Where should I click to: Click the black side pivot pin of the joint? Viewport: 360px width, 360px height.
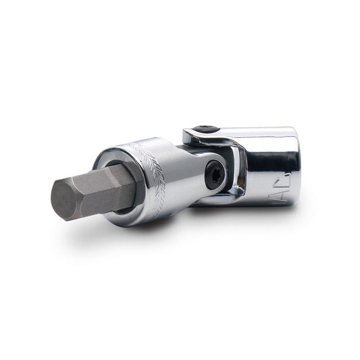(213, 174)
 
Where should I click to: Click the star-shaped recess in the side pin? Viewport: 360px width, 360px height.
(213, 174)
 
